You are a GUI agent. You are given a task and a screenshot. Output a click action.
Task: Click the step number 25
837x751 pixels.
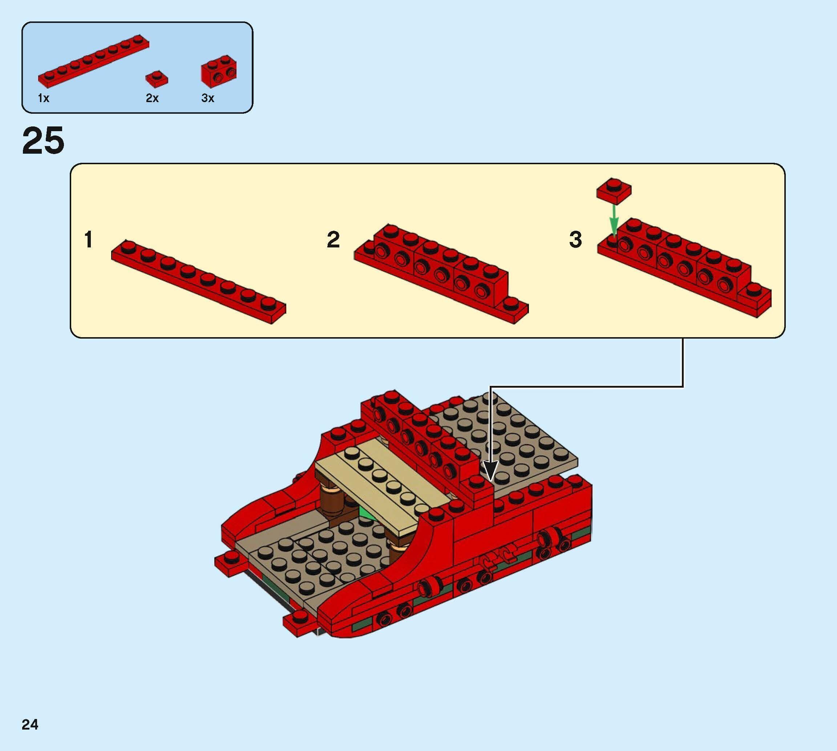point(43,141)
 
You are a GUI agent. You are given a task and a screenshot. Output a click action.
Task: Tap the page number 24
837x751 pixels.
point(30,724)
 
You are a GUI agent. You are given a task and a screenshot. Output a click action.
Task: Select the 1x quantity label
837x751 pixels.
point(43,98)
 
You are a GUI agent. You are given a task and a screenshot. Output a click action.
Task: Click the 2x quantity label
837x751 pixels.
point(152,98)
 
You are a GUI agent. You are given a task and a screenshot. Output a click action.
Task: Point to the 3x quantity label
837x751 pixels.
point(207,98)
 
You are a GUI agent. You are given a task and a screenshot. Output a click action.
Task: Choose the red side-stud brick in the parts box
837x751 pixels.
point(219,71)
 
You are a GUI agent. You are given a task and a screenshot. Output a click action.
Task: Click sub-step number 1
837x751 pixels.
point(88,240)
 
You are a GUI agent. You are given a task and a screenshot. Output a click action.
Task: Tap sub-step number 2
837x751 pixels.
point(333,240)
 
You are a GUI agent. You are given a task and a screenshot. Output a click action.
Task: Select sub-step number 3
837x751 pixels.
point(575,240)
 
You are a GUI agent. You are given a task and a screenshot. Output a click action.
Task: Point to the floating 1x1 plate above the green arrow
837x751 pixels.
point(614,191)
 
